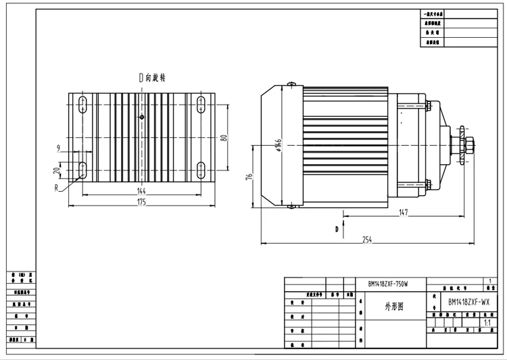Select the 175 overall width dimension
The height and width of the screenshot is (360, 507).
(x=141, y=202)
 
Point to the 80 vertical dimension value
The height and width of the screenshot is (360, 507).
(x=224, y=138)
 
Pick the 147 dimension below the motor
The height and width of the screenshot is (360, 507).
(x=403, y=213)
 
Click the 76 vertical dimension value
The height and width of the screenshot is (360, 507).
(x=249, y=177)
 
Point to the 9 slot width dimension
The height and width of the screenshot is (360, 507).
(x=59, y=147)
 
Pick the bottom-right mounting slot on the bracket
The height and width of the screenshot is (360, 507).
(x=201, y=169)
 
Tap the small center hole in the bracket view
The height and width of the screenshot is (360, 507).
(x=141, y=118)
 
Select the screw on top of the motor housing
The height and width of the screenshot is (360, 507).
(x=291, y=84)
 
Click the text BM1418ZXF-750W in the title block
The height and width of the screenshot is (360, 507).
(x=387, y=283)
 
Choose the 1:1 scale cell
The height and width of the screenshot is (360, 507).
(x=487, y=324)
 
